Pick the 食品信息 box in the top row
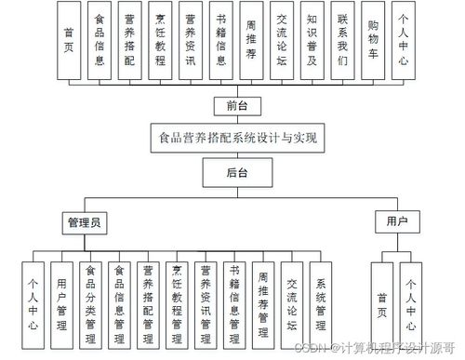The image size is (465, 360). coord(100,41)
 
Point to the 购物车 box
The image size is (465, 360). coord(373,41)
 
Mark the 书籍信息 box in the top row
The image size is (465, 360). coord(221,41)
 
